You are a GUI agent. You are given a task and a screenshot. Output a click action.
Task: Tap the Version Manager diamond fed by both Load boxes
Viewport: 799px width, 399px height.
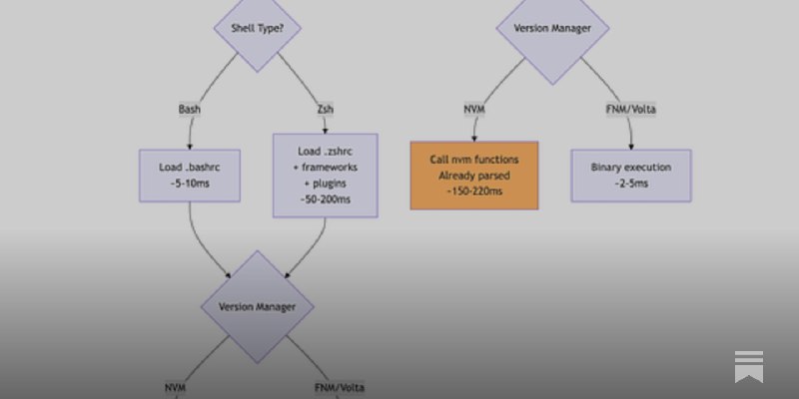click(258, 306)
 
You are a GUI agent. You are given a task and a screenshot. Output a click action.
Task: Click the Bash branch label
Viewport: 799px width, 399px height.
click(190, 108)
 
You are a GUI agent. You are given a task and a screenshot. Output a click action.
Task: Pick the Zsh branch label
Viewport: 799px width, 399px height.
click(326, 108)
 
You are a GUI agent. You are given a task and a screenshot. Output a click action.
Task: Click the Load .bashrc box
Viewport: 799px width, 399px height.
click(190, 175)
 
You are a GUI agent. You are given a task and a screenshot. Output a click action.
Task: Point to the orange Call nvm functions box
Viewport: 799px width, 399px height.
click(473, 175)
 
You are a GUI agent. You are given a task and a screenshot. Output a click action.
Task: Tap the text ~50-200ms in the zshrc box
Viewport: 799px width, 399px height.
click(326, 199)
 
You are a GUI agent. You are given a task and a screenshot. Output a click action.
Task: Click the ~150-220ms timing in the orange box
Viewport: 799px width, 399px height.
click(473, 192)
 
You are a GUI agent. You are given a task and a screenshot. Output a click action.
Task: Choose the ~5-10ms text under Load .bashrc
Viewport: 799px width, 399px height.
click(190, 184)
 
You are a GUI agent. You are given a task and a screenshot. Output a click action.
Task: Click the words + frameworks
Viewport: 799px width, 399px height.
click(326, 168)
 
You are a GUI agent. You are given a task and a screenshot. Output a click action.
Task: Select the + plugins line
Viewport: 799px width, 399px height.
click(326, 184)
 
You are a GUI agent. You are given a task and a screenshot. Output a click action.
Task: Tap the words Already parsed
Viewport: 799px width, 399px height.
click(473, 176)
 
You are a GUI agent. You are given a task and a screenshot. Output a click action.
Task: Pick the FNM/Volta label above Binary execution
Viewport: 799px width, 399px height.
click(630, 108)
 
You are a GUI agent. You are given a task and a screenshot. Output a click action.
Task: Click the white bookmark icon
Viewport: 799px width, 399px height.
click(748, 365)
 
